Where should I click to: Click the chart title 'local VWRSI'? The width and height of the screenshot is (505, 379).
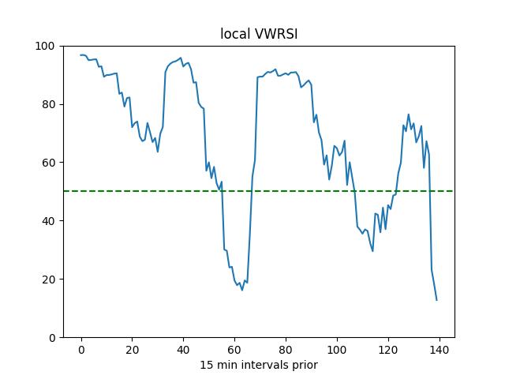pos(258,34)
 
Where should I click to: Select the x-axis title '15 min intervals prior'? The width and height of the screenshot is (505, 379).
pos(258,365)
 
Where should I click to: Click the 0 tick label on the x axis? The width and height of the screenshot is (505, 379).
pos(81,350)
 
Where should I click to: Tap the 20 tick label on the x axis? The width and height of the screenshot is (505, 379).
pos(133,350)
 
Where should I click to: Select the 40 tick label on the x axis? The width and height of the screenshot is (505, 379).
pos(183,350)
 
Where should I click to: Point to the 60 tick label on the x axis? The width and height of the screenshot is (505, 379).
pos(234,350)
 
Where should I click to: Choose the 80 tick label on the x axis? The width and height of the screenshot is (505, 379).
pos(286,350)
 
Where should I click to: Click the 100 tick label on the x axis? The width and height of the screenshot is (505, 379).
pos(337,350)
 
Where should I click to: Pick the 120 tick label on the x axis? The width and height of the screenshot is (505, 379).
pos(388,350)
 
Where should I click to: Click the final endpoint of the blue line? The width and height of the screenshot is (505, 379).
pos(436,300)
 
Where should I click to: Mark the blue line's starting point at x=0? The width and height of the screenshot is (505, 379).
pos(81,55)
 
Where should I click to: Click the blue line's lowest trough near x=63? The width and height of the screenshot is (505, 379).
pos(242,290)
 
